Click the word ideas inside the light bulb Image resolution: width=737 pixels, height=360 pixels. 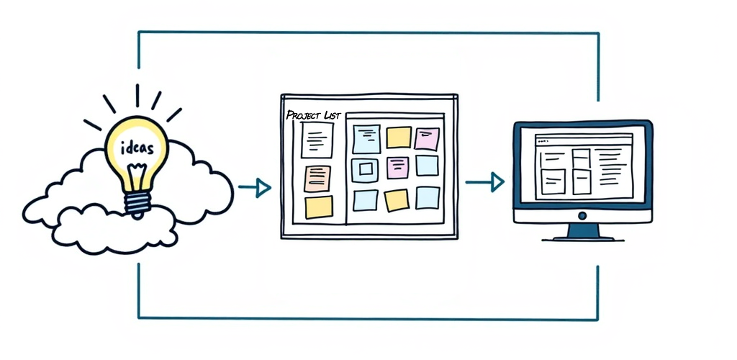tap(137, 148)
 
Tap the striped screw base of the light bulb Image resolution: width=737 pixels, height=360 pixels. tap(137, 202)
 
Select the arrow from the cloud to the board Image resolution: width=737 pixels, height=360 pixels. tap(254, 188)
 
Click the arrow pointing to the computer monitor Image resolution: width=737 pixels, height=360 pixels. tap(484, 182)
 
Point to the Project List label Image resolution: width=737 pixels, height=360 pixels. tap(313, 115)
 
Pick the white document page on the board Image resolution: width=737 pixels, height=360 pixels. tap(317, 140)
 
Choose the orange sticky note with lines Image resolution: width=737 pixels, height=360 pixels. tap(317, 179)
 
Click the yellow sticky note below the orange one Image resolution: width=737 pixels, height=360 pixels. tap(319, 207)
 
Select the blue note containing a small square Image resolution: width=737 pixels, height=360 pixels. tap(365, 170)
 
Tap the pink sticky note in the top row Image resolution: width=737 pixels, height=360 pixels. tap(427, 139)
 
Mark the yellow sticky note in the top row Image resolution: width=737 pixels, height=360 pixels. tap(399, 138)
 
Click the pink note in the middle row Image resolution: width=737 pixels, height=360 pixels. tap(397, 168)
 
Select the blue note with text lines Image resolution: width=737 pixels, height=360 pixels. tap(366, 139)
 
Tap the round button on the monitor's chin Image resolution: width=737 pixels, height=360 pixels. tap(582, 216)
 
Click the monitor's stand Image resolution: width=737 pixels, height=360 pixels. tap(583, 232)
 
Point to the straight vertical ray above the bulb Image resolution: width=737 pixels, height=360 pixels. tap(137, 96)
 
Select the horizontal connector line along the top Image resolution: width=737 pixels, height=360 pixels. tap(368, 32)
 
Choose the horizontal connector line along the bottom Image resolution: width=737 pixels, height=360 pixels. tap(368, 319)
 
